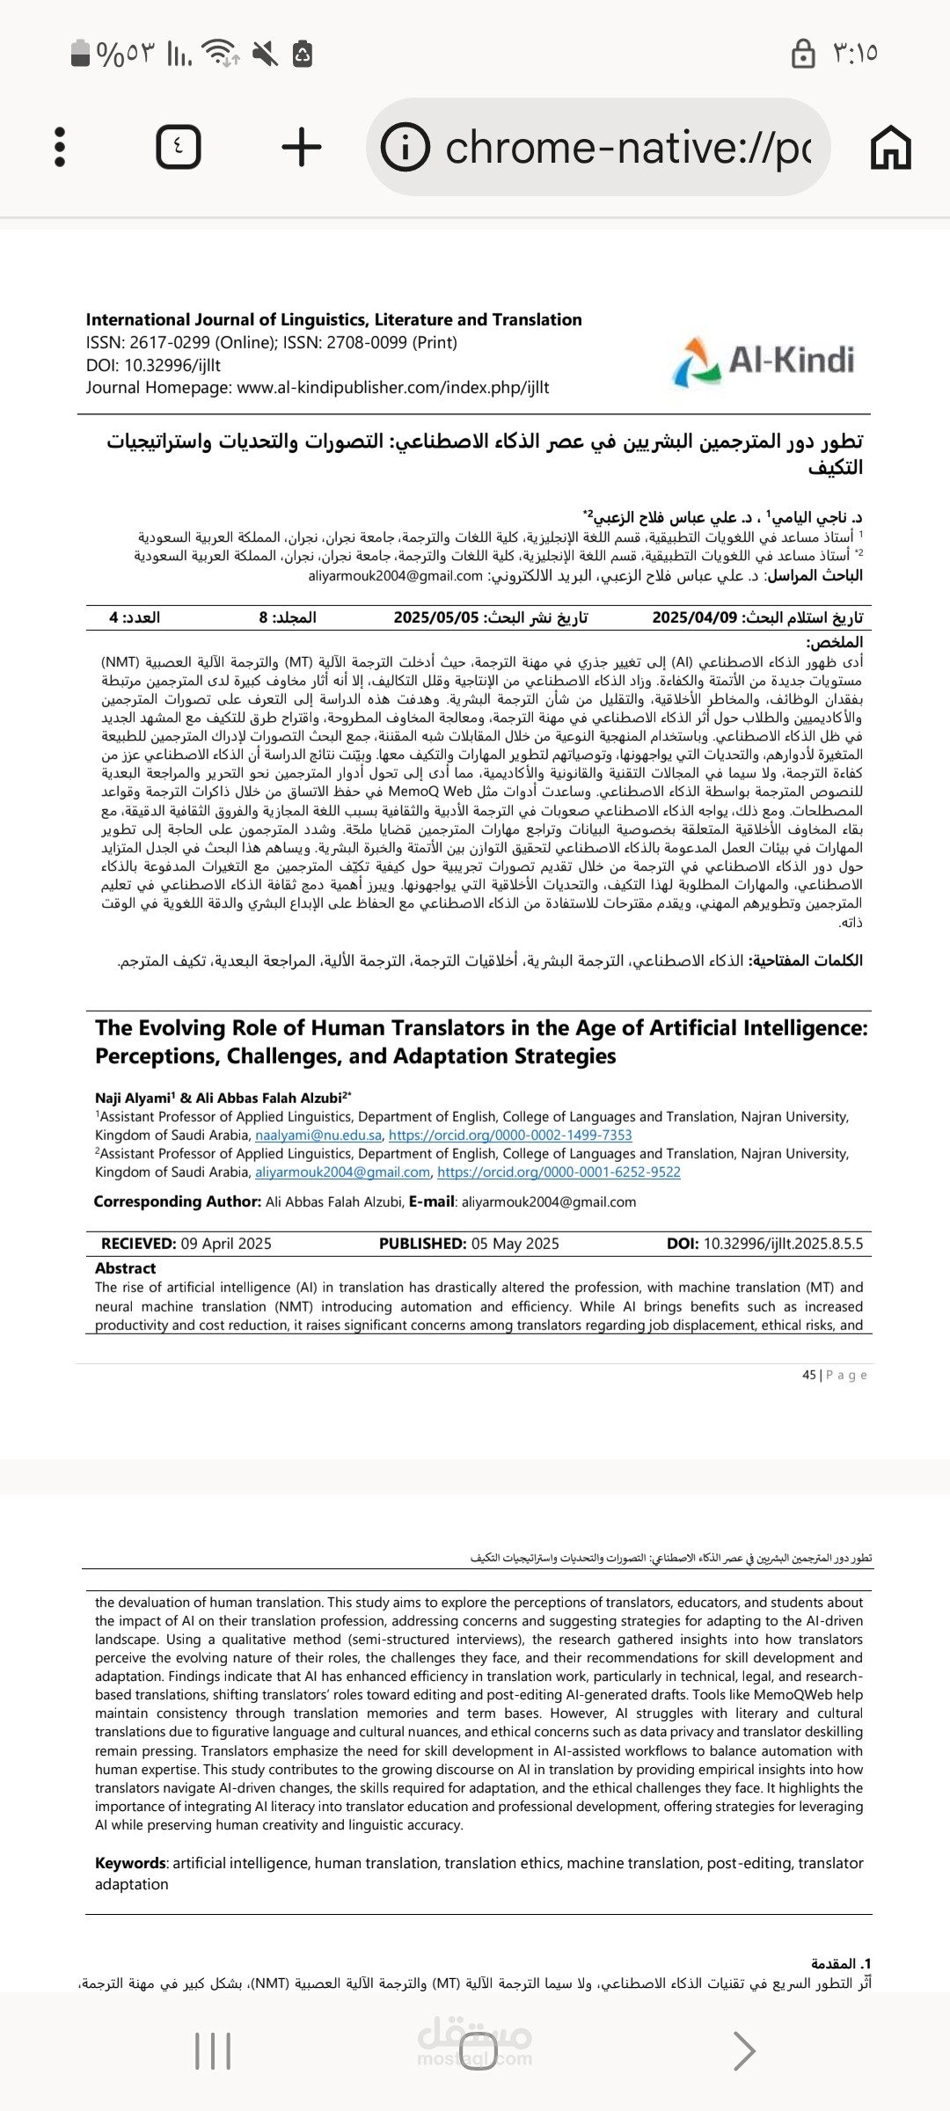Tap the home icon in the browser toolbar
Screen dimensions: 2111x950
tap(890, 147)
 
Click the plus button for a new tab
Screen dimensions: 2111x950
tap(302, 147)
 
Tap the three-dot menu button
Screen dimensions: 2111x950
tap(60, 147)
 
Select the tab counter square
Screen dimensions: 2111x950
tap(179, 147)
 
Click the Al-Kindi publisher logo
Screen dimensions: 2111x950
tap(764, 362)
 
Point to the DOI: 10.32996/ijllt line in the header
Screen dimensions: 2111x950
tap(153, 365)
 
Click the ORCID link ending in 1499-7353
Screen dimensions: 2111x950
tap(510, 1136)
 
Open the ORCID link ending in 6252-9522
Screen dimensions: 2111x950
tap(559, 1172)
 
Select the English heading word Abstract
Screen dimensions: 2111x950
tap(125, 1268)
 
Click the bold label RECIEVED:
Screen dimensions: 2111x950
tap(139, 1244)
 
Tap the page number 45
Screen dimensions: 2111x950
tap(808, 1375)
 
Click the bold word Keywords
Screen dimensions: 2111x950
tap(130, 1863)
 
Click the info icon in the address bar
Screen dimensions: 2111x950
tap(406, 147)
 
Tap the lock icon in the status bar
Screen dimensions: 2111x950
tap(803, 53)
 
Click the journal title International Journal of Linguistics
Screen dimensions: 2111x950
tap(333, 319)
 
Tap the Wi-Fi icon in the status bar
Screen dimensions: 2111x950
tap(219, 53)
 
